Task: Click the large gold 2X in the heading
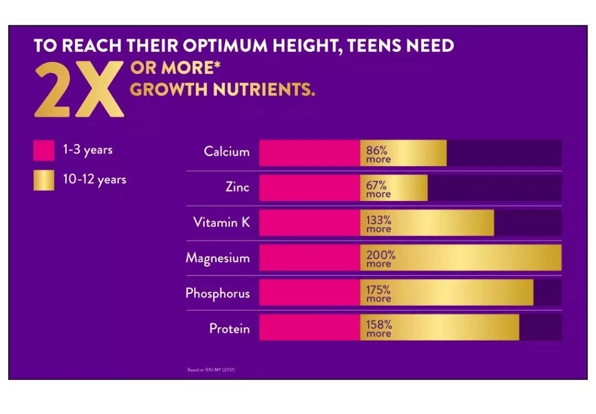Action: pyautogui.click(x=78, y=89)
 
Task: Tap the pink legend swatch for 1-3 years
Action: pyautogui.click(x=44, y=150)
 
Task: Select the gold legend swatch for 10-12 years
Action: pyautogui.click(x=44, y=180)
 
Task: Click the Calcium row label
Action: pyautogui.click(x=226, y=151)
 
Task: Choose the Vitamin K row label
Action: pyautogui.click(x=221, y=222)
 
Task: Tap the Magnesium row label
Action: pyautogui.click(x=217, y=258)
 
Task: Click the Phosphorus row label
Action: pyautogui.click(x=217, y=293)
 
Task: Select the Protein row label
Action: pyautogui.click(x=229, y=329)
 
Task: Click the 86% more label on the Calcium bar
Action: pyautogui.click(x=379, y=154)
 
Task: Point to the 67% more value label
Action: pyautogui.click(x=379, y=189)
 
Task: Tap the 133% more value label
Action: pyautogui.click(x=379, y=224)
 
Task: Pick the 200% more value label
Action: pyautogui.click(x=381, y=259)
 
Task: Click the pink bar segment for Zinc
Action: pyautogui.click(x=309, y=188)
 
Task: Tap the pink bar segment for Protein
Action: pyautogui.click(x=309, y=328)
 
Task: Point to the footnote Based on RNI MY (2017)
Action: pyautogui.click(x=211, y=369)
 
